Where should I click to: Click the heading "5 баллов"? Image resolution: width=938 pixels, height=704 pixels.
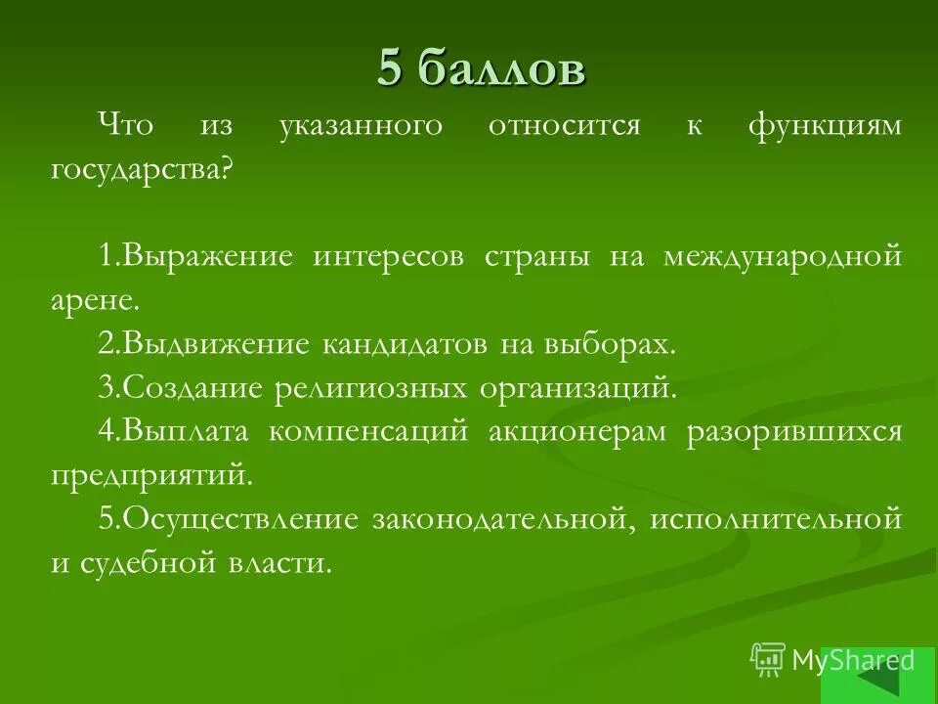tap(482, 69)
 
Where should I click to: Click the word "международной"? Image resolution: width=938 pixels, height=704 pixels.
tap(782, 257)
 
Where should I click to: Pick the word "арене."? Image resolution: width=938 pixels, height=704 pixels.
tap(89, 300)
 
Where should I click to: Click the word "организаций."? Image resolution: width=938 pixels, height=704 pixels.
tap(577, 388)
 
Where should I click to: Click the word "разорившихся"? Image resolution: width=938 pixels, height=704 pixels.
tap(793, 431)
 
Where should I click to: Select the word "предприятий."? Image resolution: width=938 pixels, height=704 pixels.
tap(151, 475)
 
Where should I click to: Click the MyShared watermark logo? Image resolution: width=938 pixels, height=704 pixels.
tap(833, 660)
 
